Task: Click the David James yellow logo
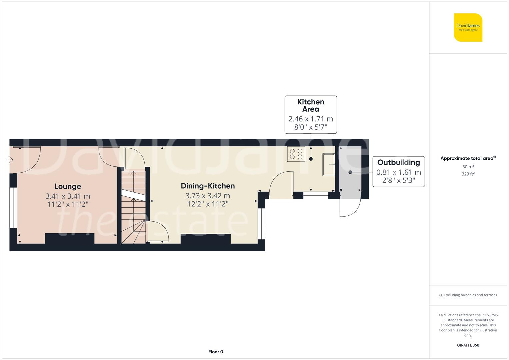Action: [468, 28]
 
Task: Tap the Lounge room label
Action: [68, 187]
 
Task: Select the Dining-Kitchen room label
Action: [208, 186]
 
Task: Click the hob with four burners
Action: [296, 154]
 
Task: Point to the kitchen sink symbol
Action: [328, 164]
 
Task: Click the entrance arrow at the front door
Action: [9, 160]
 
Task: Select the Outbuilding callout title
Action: [398, 163]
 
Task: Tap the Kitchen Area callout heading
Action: [311, 105]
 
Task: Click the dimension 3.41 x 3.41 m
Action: [68, 196]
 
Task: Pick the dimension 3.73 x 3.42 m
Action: [208, 196]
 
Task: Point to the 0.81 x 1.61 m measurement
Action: [398, 172]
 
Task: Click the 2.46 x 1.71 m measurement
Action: [311, 119]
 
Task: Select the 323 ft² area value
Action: [468, 174]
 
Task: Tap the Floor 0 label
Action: [216, 352]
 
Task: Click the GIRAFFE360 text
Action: [468, 345]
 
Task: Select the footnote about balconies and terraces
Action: [468, 295]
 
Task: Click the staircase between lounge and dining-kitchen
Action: [133, 207]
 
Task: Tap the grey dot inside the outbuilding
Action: [350, 172]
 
